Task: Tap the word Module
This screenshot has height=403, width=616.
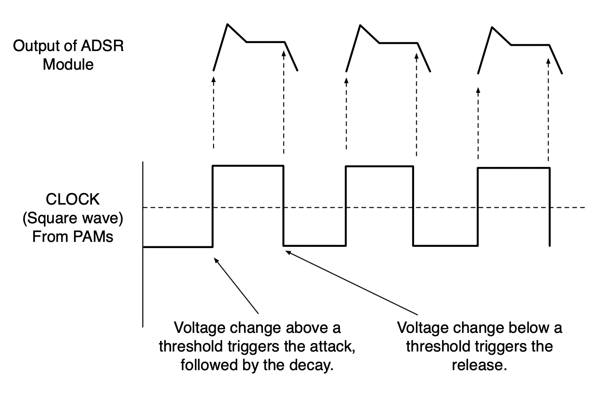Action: coord(68,65)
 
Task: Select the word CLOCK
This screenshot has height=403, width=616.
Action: coord(73,199)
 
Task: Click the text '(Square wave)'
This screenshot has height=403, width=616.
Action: coord(73,218)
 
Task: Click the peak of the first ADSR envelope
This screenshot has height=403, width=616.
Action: coord(228,24)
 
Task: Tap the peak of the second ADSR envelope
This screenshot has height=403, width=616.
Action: coord(360,25)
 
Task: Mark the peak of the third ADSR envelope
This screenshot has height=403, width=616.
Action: coord(492,27)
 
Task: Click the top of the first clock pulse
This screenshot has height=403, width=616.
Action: coord(248,166)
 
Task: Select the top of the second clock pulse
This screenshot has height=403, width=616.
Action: coord(379,166)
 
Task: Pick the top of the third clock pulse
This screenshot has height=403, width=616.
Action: coord(513,168)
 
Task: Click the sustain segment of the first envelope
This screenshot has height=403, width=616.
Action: coord(265,42)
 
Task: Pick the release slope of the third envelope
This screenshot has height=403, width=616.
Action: coord(556,59)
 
